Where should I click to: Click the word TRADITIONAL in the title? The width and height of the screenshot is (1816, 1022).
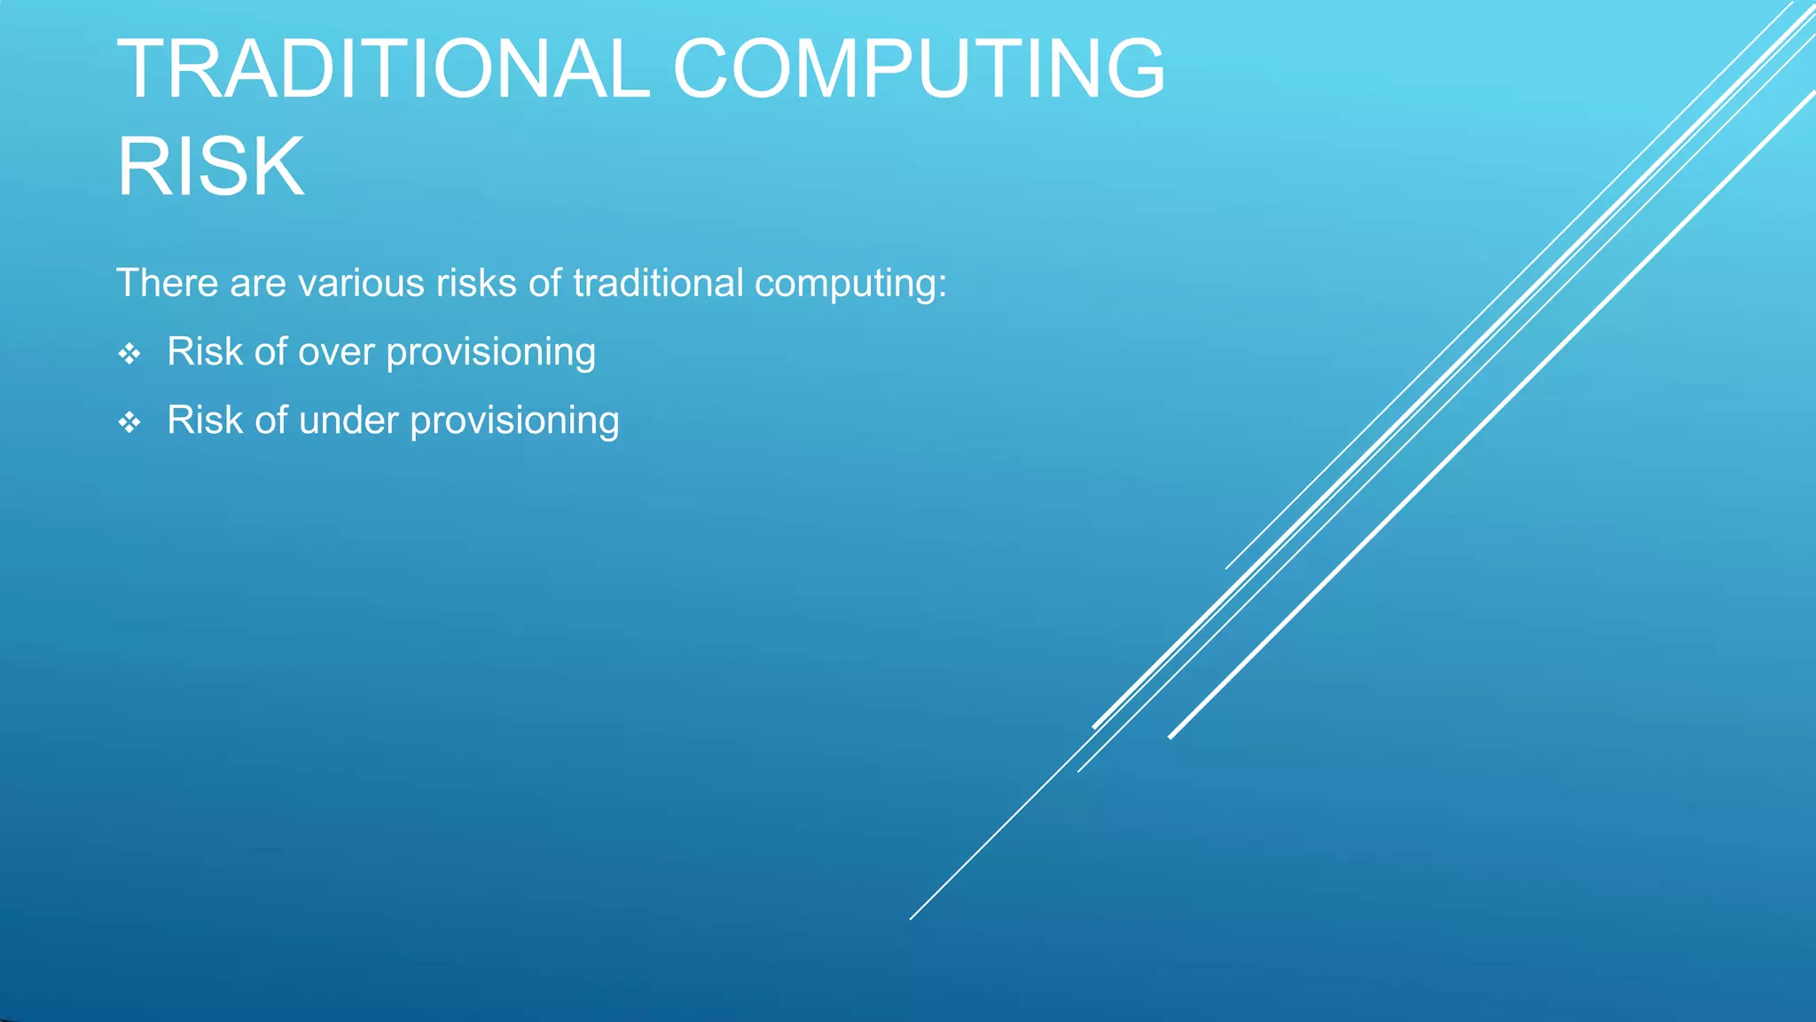pyautogui.click(x=383, y=69)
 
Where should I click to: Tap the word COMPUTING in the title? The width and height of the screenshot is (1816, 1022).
pyautogui.click(x=919, y=69)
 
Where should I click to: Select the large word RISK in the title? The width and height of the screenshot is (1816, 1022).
pyautogui.click(x=211, y=167)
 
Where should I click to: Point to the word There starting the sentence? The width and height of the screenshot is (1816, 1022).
pyautogui.click(x=167, y=284)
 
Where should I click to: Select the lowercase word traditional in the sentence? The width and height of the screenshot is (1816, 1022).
pyautogui.click(x=658, y=284)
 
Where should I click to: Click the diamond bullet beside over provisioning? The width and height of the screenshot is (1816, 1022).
pyautogui.click(x=129, y=354)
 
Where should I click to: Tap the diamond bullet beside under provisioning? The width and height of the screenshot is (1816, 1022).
pyautogui.click(x=129, y=422)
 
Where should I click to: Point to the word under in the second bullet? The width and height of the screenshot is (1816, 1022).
pyautogui.click(x=348, y=421)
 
